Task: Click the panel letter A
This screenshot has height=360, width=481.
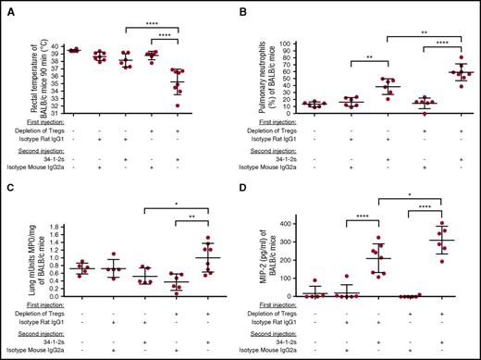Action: (6, 8)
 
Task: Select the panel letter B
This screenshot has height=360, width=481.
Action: (249, 8)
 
